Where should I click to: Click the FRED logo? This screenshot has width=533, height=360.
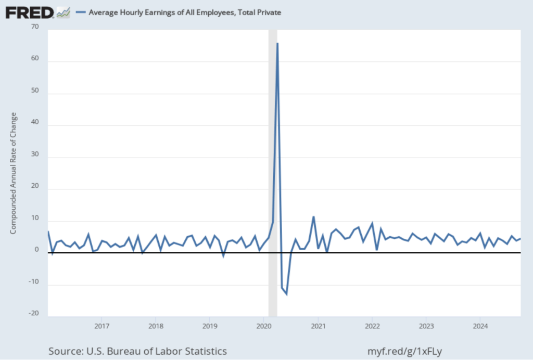coord(30,12)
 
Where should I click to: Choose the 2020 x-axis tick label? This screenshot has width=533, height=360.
coord(264,326)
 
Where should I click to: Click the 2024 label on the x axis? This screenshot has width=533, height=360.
coord(480,326)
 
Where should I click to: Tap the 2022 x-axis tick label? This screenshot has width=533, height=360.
coord(372,326)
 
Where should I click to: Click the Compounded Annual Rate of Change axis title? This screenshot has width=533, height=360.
coord(14,172)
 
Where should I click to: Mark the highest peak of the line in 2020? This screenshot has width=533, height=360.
coord(277,44)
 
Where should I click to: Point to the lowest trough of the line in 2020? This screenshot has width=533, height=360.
coord(286,294)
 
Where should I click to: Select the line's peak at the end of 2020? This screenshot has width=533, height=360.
coord(313,217)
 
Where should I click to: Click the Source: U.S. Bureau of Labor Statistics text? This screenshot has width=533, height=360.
coord(137,351)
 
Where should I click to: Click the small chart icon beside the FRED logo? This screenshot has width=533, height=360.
coord(63,12)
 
